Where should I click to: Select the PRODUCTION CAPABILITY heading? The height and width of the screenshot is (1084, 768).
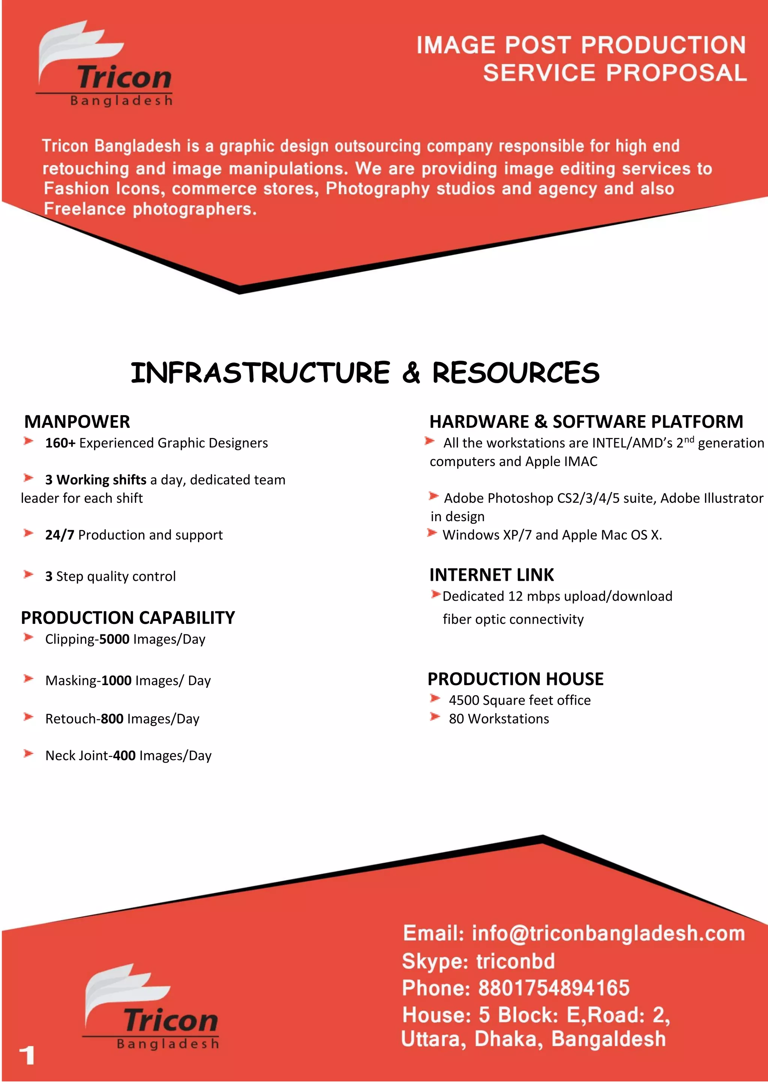(127, 618)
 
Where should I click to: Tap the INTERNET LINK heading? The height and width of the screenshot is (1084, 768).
(491, 575)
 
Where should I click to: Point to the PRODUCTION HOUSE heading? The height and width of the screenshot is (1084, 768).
(516, 679)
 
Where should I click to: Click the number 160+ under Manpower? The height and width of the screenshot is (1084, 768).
(60, 443)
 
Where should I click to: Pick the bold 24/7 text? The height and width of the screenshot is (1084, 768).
(60, 535)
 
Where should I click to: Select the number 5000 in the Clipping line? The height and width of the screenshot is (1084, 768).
(114, 639)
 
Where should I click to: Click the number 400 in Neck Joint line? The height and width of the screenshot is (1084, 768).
(124, 756)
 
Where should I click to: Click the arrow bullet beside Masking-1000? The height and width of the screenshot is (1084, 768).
(28, 679)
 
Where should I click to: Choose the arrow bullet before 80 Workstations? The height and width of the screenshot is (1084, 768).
(435, 717)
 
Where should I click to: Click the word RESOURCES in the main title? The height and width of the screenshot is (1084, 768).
(516, 373)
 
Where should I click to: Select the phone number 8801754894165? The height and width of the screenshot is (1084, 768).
(554, 988)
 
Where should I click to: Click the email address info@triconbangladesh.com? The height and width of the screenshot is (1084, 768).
(608, 933)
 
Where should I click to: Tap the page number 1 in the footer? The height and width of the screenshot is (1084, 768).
(27, 1055)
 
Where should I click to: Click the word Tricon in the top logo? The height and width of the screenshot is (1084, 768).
(124, 78)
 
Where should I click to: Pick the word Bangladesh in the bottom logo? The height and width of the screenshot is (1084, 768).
(168, 1044)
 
